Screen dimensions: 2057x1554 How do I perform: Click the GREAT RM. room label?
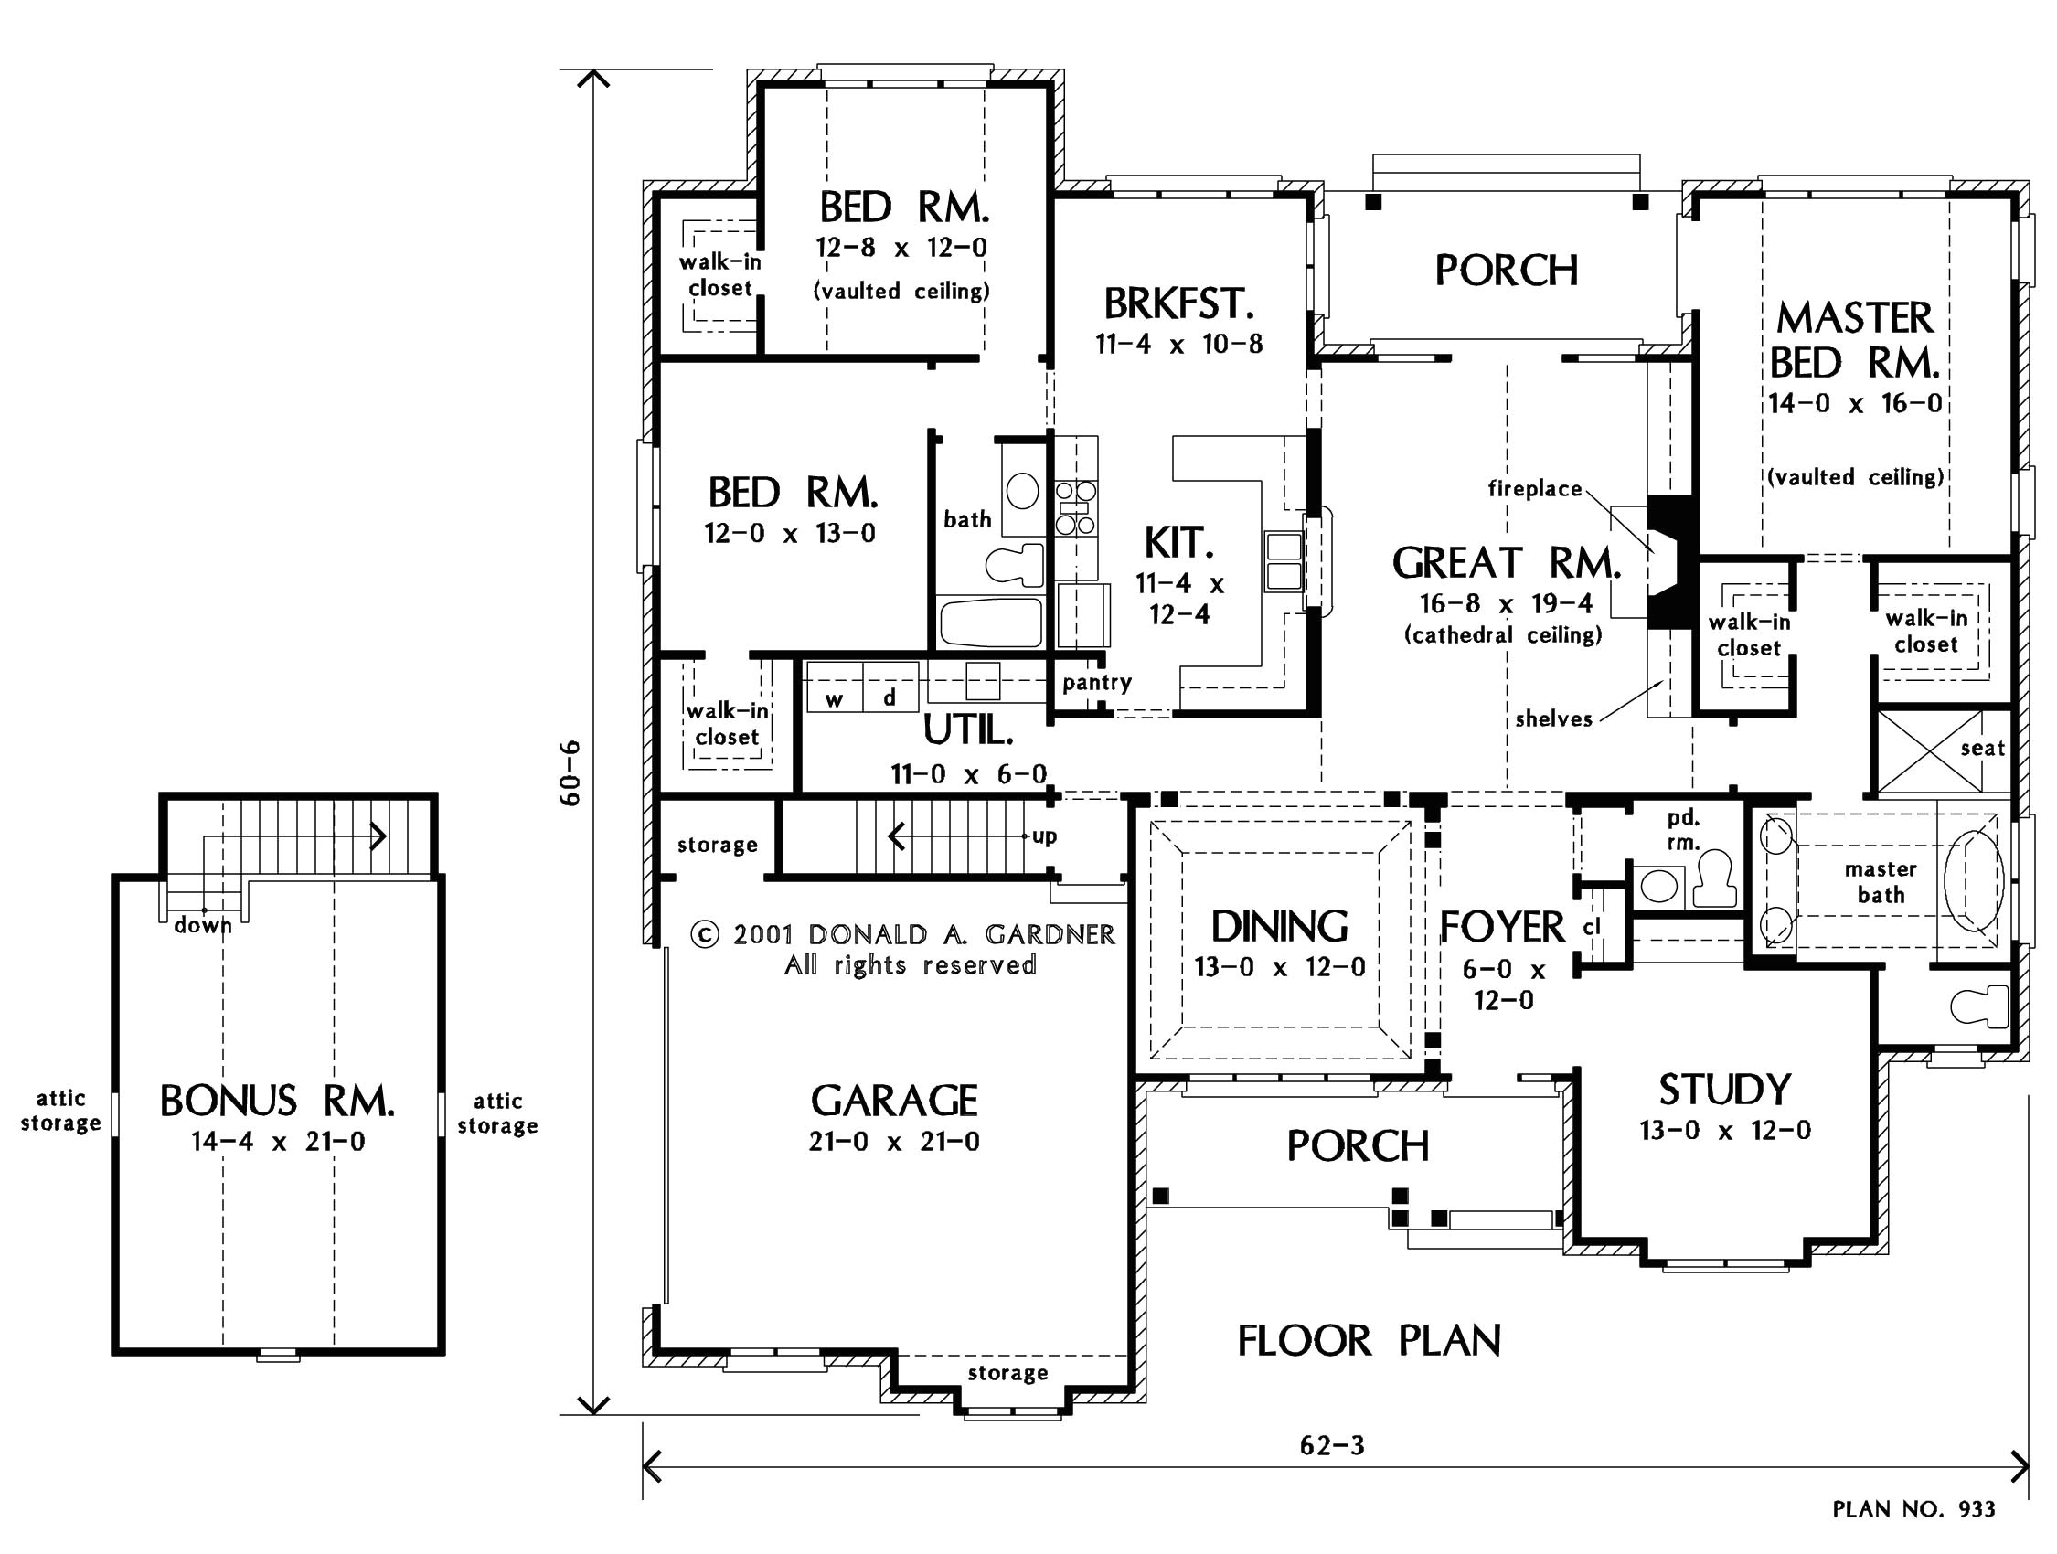pyautogui.click(x=1507, y=562)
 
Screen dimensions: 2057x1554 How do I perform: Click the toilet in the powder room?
pyautogui.click(x=1715, y=878)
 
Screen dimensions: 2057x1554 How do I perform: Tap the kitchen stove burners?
pyautogui.click(x=1075, y=507)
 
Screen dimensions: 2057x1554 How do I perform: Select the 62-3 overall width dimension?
pyautogui.click(x=1332, y=1445)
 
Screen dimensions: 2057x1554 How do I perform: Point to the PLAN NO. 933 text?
pyautogui.click(x=1913, y=1508)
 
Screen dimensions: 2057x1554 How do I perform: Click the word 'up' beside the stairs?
pyautogui.click(x=1044, y=836)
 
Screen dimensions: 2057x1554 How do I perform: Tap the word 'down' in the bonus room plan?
pyautogui.click(x=203, y=924)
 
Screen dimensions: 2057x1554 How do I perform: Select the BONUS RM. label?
pyautogui.click(x=277, y=1102)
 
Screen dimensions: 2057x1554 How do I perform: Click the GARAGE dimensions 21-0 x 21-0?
pyautogui.click(x=894, y=1141)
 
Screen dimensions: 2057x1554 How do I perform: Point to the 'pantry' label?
pyautogui.click(x=1097, y=683)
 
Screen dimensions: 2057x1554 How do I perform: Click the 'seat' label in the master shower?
pyautogui.click(x=1983, y=749)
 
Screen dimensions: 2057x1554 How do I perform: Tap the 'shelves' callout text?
pyautogui.click(x=1554, y=718)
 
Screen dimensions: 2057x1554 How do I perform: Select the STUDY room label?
pyautogui.click(x=1725, y=1090)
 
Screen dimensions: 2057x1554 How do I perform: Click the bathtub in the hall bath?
pyautogui.click(x=991, y=623)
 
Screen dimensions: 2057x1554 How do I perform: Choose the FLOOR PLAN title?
pyautogui.click(x=1369, y=1341)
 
